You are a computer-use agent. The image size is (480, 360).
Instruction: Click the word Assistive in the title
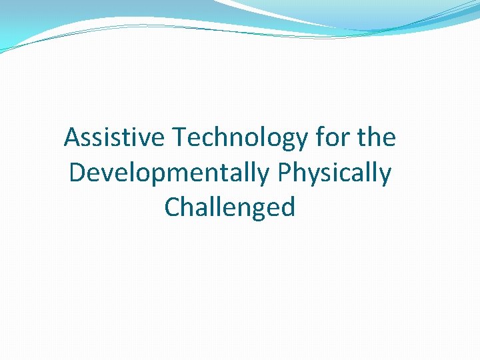pyautogui.click(x=115, y=138)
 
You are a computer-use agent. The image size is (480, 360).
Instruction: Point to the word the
pyautogui.click(x=377, y=138)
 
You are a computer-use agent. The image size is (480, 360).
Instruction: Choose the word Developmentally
pyautogui.click(x=169, y=173)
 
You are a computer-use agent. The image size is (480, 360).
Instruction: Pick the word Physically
pyautogui.click(x=335, y=173)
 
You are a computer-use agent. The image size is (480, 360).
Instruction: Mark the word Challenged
pyautogui.click(x=229, y=208)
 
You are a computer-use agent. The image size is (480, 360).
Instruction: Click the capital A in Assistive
pyautogui.click(x=72, y=138)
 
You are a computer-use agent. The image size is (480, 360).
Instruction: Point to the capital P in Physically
pyautogui.click(x=285, y=173)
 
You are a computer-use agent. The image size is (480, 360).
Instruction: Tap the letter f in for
pyautogui.click(x=320, y=137)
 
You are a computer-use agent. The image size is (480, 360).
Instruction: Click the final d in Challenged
pyautogui.click(x=287, y=207)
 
